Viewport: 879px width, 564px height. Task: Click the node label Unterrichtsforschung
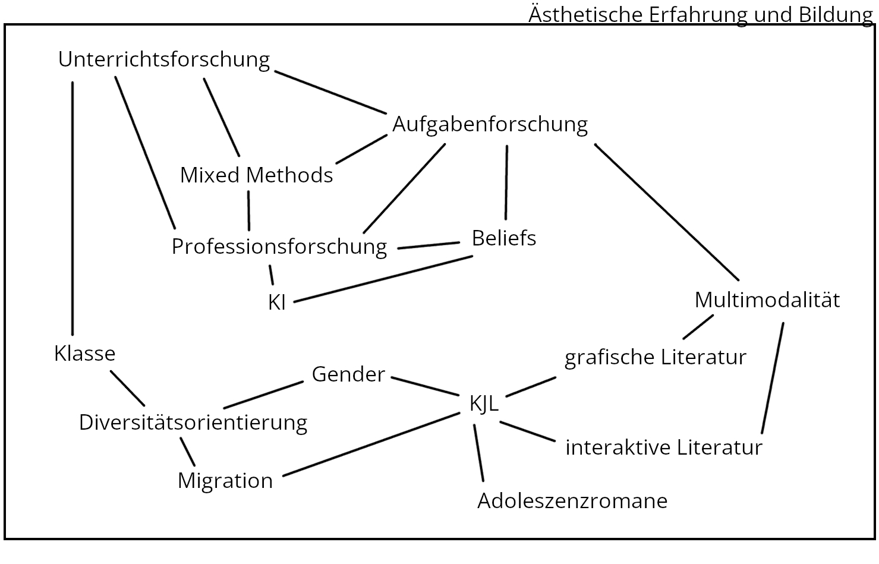[164, 59]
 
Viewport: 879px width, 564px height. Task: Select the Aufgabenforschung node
[490, 124]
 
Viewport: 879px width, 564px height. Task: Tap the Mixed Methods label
[256, 175]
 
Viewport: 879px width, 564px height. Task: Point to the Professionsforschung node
[279, 247]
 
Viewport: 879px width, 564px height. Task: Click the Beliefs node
[504, 238]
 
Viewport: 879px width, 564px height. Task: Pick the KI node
[277, 303]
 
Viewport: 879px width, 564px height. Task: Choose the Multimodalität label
[767, 300]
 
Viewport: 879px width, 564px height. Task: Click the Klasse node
[84, 354]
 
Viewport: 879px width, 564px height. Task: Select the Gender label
[348, 374]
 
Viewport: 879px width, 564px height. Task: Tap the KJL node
[484, 404]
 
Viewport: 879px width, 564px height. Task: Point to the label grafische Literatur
[655, 358]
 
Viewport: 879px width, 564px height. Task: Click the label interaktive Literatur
[663, 448]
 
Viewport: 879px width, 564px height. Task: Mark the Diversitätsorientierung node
[193, 423]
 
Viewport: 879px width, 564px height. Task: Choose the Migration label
[225, 481]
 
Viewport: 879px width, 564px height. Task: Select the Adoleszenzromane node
[572, 501]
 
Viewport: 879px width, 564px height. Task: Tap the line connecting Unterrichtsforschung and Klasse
[73, 208]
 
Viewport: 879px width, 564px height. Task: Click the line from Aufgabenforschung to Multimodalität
[666, 212]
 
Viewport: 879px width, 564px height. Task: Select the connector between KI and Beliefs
[383, 279]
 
